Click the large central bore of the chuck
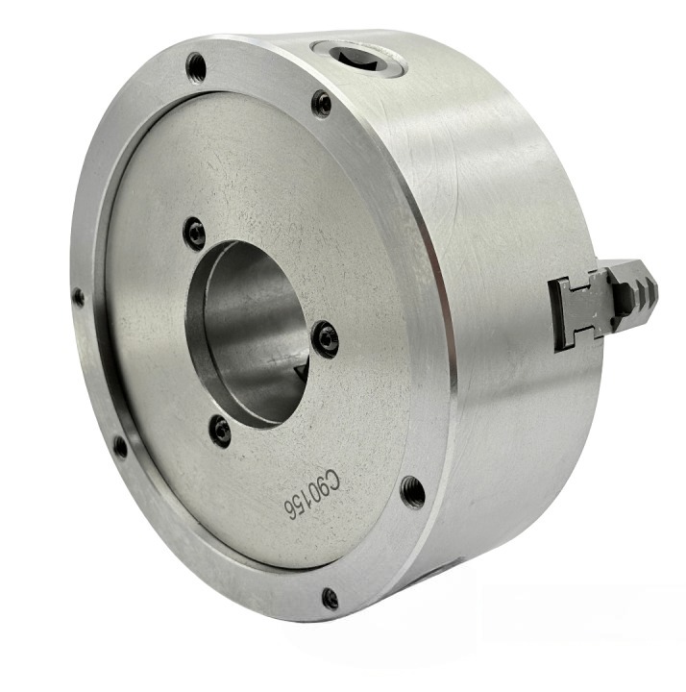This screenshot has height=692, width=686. point(249,334)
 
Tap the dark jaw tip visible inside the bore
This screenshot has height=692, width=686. point(299,371)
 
